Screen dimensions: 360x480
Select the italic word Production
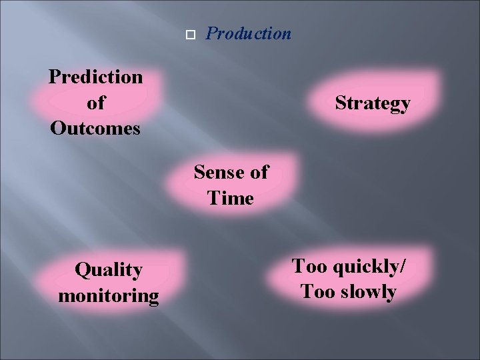click(249, 33)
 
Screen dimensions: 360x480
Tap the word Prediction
click(95, 77)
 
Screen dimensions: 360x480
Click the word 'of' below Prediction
click(95, 103)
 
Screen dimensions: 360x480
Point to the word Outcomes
click(95, 128)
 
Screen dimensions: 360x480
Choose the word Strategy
click(373, 104)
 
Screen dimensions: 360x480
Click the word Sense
click(219, 173)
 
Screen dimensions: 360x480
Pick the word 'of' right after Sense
click(257, 173)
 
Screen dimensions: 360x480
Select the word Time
click(231, 198)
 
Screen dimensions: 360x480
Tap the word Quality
click(109, 270)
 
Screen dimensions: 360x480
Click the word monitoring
click(109, 295)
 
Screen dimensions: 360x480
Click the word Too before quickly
click(309, 266)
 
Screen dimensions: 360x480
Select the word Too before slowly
click(316, 291)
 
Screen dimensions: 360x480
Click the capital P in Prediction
click(55, 77)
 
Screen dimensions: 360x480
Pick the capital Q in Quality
click(82, 270)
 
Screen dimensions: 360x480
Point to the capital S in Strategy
click(341, 103)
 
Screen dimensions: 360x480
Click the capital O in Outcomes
click(57, 128)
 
